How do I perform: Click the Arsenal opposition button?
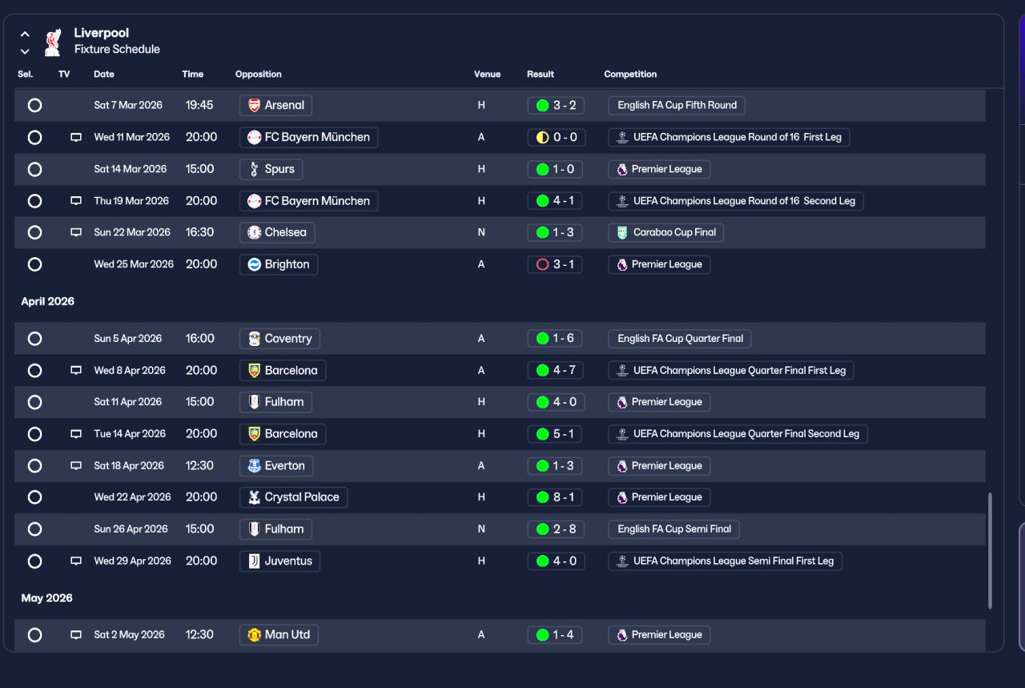pos(275,105)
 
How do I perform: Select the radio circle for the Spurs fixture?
pos(34,169)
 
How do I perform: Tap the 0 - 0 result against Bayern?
pos(556,137)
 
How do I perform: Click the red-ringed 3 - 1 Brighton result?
pos(555,264)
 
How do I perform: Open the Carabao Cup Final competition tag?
pos(665,232)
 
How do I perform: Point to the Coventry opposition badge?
pos(255,339)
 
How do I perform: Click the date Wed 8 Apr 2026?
pos(130,370)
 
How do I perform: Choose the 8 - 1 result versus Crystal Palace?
pos(555,497)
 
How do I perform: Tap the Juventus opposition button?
pos(279,561)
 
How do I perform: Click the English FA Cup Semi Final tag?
pos(673,529)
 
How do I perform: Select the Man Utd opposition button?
pos(279,635)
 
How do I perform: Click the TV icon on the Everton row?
pos(76,465)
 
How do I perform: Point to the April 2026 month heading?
pos(47,301)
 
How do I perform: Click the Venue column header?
pos(487,74)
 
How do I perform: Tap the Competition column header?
pos(630,74)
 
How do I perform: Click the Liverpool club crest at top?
pos(53,42)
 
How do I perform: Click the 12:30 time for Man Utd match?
pos(199,634)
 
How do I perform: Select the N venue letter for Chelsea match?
pos(481,232)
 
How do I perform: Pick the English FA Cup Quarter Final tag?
pos(680,339)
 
